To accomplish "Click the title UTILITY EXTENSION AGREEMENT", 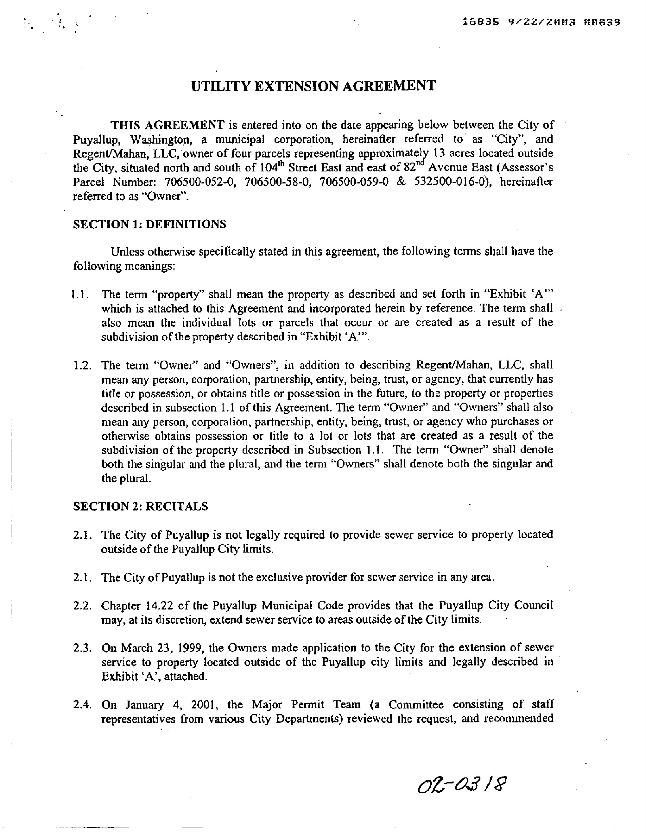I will click(x=313, y=86).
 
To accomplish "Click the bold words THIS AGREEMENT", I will click(x=168, y=125).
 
